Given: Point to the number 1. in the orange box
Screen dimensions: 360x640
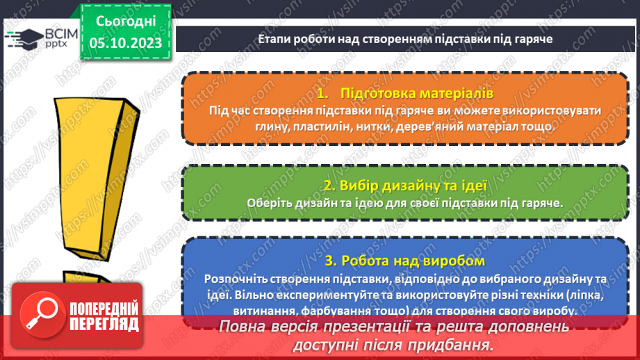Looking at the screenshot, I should click(321, 93).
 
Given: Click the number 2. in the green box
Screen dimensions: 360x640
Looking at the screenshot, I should click(329, 186).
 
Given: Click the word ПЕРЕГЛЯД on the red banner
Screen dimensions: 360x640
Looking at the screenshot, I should click(104, 324).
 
